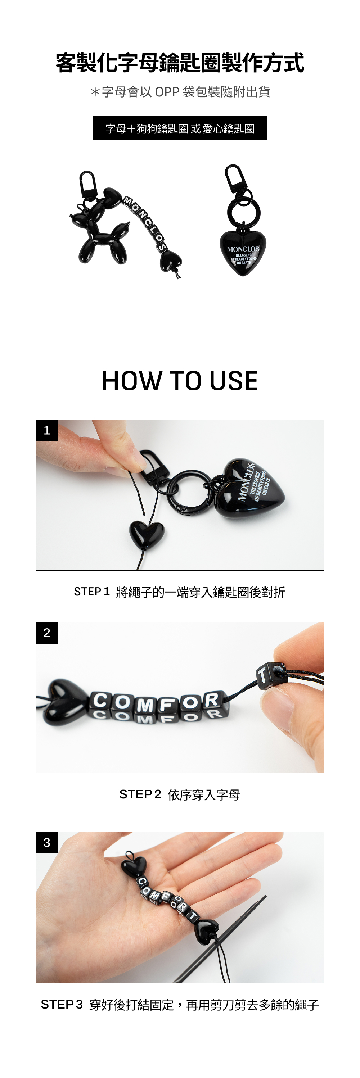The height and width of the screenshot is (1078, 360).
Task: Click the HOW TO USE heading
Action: coord(180,381)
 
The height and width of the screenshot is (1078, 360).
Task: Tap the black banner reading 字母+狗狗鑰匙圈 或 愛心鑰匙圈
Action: coord(180,128)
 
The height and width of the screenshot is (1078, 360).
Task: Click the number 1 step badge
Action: coord(47,430)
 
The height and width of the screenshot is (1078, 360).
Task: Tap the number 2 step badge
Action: coord(47,633)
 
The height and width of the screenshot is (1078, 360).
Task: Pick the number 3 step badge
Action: coord(47,842)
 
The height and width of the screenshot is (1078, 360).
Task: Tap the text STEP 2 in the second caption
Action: coord(140,794)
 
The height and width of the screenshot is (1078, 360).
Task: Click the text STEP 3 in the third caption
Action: coord(62,1004)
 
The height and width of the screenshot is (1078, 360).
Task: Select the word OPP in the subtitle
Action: coord(167,92)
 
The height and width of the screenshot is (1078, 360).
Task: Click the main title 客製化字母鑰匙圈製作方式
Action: coord(180,63)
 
